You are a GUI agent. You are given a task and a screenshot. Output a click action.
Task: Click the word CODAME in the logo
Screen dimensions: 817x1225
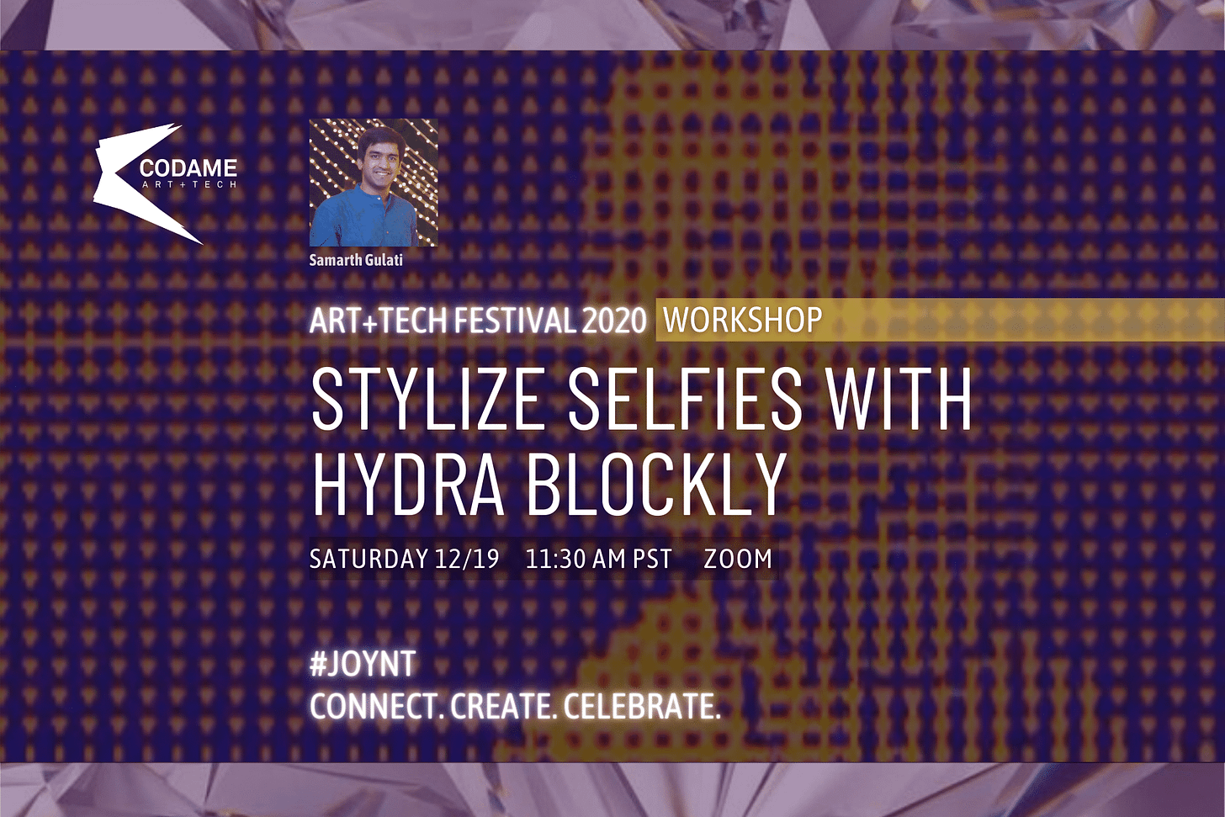pyautogui.click(x=188, y=167)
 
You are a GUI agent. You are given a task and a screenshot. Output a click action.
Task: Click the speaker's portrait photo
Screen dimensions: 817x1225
pyautogui.click(x=374, y=183)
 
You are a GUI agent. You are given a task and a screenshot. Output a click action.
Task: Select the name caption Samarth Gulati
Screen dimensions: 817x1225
pyautogui.click(x=356, y=260)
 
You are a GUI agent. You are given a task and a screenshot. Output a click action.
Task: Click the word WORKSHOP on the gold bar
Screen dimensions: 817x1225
pyautogui.click(x=742, y=321)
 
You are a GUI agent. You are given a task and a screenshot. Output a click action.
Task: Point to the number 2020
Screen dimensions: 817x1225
pyautogui.click(x=614, y=321)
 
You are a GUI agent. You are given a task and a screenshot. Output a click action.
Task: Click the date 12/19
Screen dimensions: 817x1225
pyautogui.click(x=467, y=559)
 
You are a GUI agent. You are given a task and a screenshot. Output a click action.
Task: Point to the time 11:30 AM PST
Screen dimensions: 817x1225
pyautogui.click(x=598, y=559)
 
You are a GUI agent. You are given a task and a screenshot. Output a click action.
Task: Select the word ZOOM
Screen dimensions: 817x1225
pyautogui.click(x=738, y=559)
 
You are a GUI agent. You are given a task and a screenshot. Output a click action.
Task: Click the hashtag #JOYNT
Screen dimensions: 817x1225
pyautogui.click(x=363, y=665)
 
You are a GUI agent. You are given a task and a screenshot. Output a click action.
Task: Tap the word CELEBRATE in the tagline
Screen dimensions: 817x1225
pyautogui.click(x=642, y=707)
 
